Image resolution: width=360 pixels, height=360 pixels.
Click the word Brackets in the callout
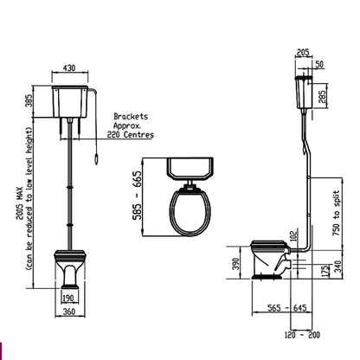(131, 115)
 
